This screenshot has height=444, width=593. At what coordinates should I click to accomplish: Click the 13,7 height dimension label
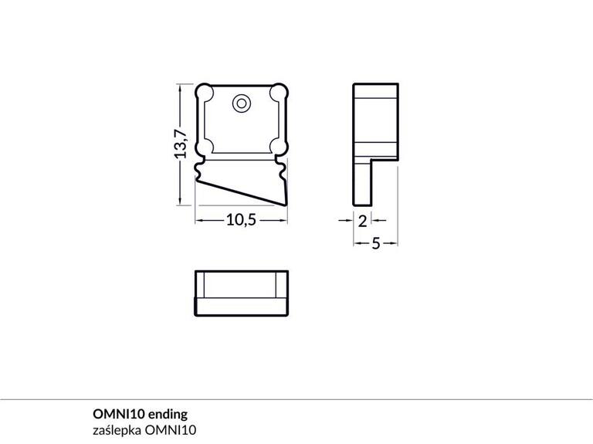tap(181, 144)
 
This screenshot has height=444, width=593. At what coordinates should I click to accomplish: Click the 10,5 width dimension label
tap(240, 220)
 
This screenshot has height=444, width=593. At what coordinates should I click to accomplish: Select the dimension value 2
tap(363, 220)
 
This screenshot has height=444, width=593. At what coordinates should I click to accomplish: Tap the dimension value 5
tap(376, 244)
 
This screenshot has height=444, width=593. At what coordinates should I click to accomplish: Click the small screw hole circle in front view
tap(242, 103)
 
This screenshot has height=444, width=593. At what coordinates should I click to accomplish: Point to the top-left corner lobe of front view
tap(206, 93)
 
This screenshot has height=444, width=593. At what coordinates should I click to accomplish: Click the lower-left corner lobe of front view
tap(206, 144)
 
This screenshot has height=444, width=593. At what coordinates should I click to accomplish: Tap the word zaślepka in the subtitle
tap(111, 429)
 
